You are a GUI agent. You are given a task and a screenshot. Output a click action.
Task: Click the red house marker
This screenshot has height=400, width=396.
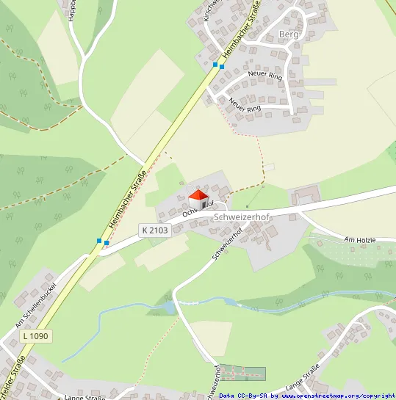pos(198,198)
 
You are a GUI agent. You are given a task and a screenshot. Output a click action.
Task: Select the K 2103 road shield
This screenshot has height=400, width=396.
pos(154,230)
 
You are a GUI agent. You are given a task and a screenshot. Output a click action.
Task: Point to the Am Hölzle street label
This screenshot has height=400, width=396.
pos(364,239)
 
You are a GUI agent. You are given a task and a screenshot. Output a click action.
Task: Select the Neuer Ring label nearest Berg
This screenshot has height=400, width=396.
pos(265,73)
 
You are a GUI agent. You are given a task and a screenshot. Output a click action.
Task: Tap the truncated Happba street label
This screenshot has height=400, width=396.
pos(72,10)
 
